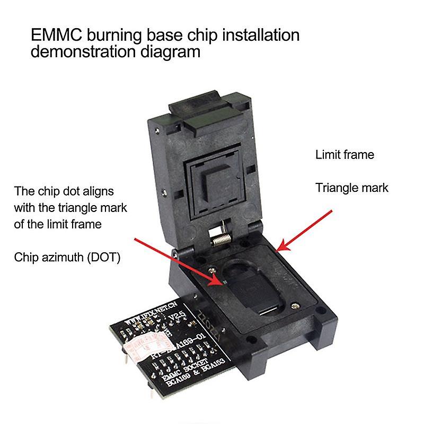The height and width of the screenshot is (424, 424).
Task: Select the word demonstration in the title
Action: click(90, 52)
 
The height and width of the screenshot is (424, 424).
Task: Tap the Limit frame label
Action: click(344, 155)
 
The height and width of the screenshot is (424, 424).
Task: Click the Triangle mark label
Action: click(352, 188)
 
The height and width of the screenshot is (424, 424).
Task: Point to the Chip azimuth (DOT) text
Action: click(67, 258)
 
